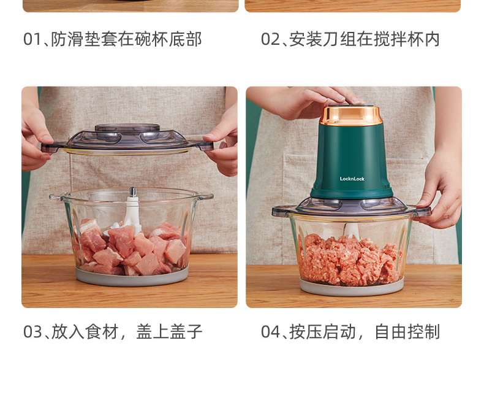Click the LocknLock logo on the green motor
pyautogui.click(x=352, y=179)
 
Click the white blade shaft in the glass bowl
pyautogui.click(x=132, y=210)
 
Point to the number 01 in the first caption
pyautogui.click(x=32, y=39)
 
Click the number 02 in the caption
pyautogui.click(x=270, y=39)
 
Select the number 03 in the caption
pyautogui.click(x=32, y=332)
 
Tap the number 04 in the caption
pyautogui.click(x=270, y=332)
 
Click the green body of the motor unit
pyautogui.click(x=351, y=161)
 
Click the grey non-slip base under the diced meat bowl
pyautogui.click(x=132, y=277)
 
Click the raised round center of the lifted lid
pyautogui.click(x=127, y=128)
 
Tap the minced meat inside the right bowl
pyautogui.click(x=350, y=260)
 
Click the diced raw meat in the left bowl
pyautogui.click(x=131, y=247)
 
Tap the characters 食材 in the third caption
pyautogui.click(x=102, y=332)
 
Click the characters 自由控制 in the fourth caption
pyautogui.click(x=407, y=332)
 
